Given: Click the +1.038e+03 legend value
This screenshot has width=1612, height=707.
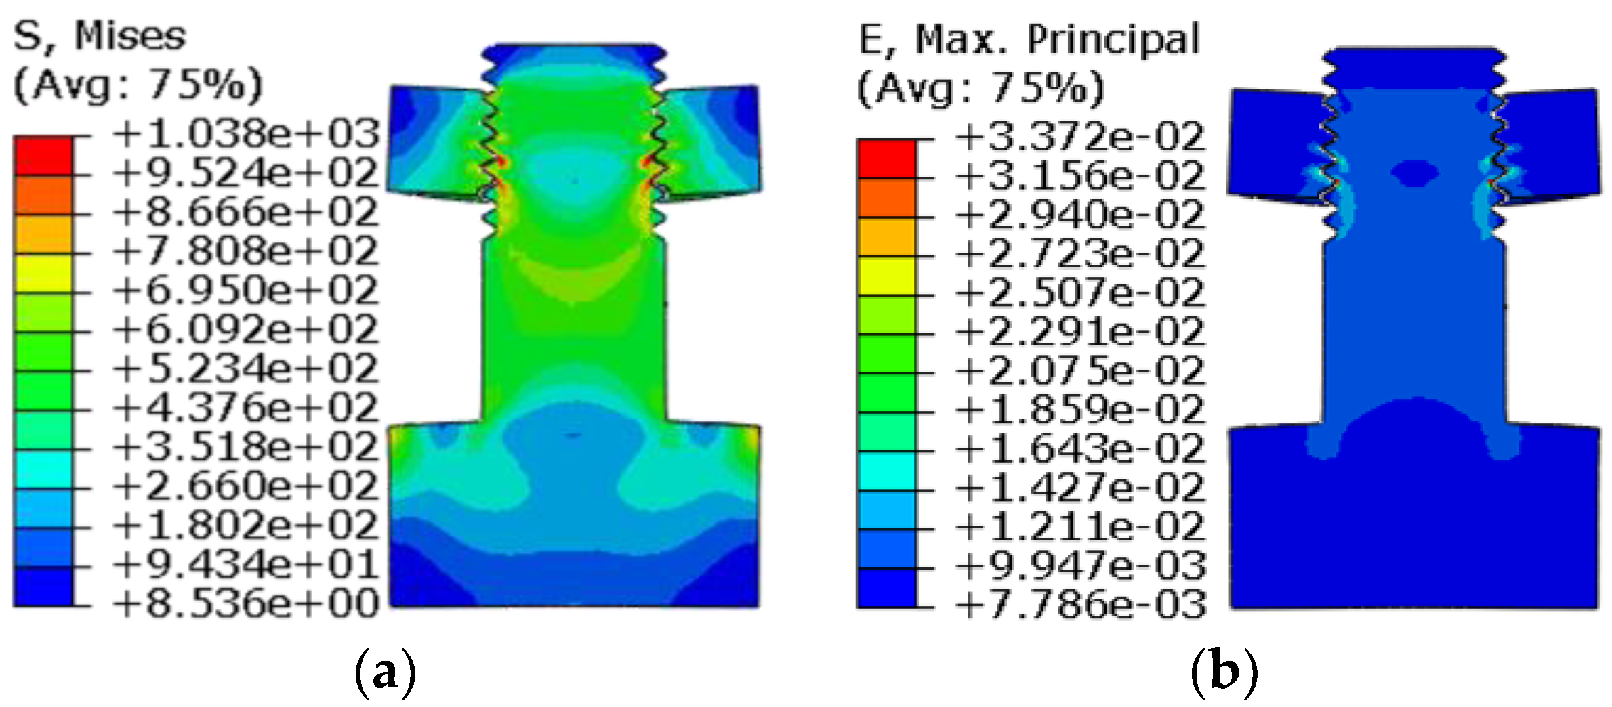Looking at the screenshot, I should pyautogui.click(x=245, y=133).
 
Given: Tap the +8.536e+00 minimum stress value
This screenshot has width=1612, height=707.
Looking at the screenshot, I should pyautogui.click(x=245, y=603).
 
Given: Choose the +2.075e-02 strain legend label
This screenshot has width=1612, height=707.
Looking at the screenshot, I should pyautogui.click(x=1080, y=370).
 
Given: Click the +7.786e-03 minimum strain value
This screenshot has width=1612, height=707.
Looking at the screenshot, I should pyautogui.click(x=1080, y=604).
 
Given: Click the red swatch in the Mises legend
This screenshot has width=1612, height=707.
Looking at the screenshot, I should pyautogui.click(x=43, y=156).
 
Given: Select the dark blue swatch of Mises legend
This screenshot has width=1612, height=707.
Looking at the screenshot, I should pyautogui.click(x=43, y=586).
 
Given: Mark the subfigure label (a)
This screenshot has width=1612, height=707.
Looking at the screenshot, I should pyautogui.click(x=385, y=672).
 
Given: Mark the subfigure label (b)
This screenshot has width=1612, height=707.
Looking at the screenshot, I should pyautogui.click(x=1224, y=672).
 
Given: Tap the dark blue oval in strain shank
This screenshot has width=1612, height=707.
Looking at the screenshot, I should pyautogui.click(x=1414, y=173).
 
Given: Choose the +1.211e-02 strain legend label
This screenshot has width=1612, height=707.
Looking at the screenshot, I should pyautogui.click(x=1080, y=526).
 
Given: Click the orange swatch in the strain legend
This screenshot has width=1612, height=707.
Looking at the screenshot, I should pyautogui.click(x=886, y=198).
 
